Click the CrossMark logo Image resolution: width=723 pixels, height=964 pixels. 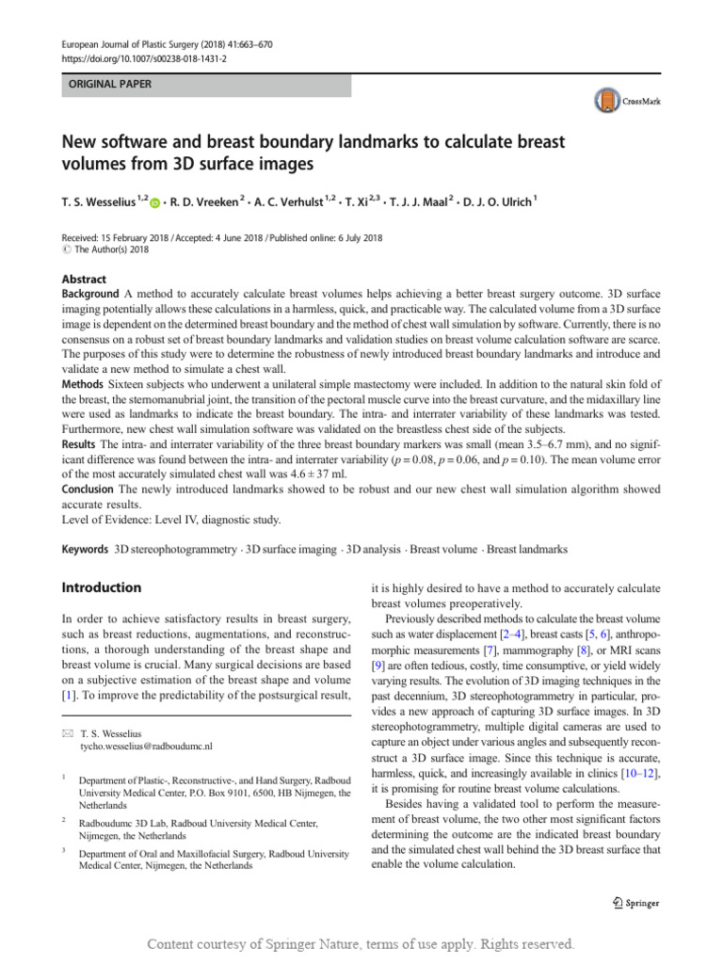[x=628, y=100]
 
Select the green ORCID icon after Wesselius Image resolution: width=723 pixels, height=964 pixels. [x=155, y=201]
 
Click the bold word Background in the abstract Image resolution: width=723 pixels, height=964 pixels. [x=90, y=295]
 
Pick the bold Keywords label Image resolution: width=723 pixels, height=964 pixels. [x=85, y=548]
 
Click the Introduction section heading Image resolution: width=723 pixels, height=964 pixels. [x=102, y=587]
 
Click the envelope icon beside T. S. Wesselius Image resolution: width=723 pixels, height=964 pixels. [x=66, y=731]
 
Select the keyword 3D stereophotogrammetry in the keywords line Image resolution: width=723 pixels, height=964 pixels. [x=176, y=548]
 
